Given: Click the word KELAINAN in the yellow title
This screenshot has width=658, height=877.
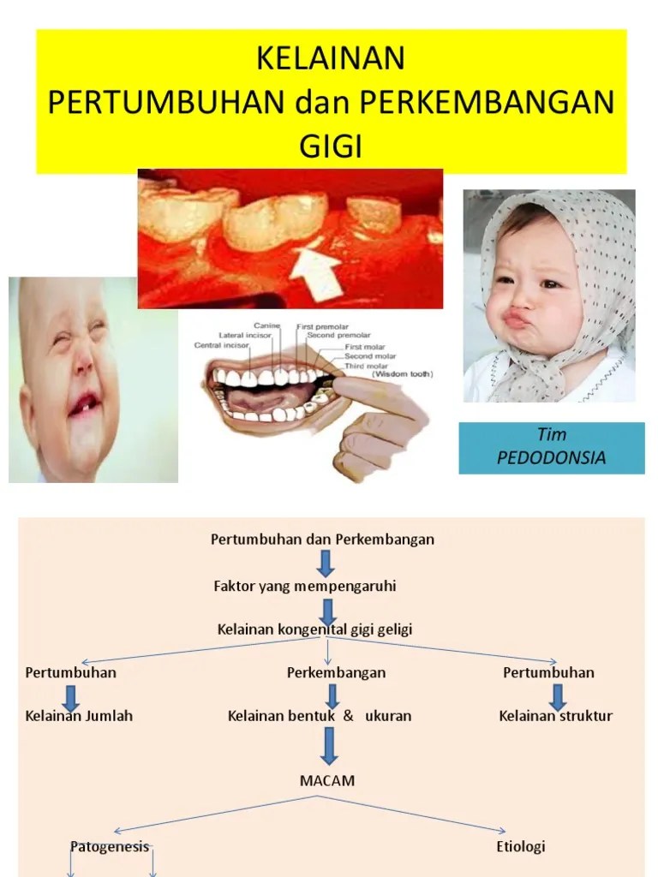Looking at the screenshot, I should click(331, 60).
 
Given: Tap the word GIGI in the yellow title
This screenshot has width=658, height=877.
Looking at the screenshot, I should click(331, 146).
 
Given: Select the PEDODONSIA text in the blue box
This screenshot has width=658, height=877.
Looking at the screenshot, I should click(551, 457).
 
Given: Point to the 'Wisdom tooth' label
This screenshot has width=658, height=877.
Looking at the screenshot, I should click(403, 374).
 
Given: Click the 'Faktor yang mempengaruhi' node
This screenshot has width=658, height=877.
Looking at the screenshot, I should click(304, 587).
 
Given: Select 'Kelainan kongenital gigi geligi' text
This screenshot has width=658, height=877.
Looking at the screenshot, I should click(314, 629).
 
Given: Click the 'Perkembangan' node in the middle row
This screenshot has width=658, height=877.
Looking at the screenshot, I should click(336, 672).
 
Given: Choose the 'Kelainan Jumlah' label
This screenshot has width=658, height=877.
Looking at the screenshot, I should click(80, 716).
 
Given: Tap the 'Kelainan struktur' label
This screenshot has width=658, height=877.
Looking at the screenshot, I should click(556, 716).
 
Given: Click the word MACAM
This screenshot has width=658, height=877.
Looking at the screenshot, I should click(327, 781).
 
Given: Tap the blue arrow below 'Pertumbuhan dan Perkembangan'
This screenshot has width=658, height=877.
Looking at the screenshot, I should click(326, 563).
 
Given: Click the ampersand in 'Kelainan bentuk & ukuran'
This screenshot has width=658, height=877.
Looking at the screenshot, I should click(348, 716).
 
